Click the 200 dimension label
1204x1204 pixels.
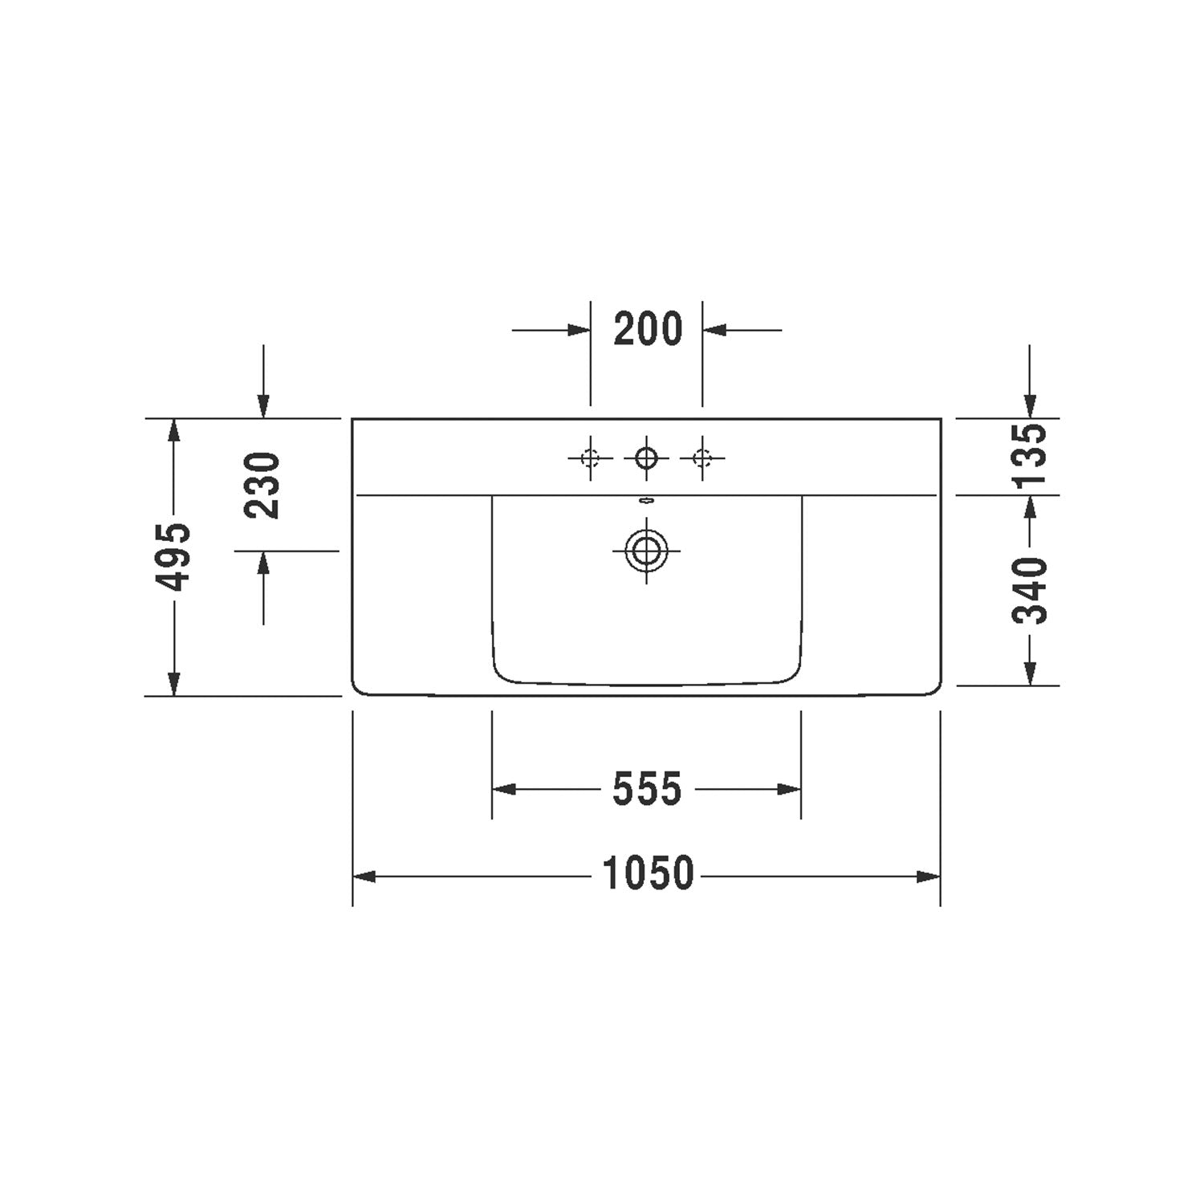tap(648, 329)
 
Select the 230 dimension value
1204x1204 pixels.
tap(263, 485)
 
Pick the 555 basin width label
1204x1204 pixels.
tap(647, 789)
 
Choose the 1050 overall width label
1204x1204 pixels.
tap(648, 875)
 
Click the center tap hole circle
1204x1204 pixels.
tap(646, 458)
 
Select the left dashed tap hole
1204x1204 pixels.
tap(591, 458)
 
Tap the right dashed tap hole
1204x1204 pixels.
tap(702, 458)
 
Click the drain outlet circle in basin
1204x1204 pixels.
tap(646, 551)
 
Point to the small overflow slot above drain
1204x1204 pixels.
tap(646, 502)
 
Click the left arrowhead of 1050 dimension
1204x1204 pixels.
tap(364, 877)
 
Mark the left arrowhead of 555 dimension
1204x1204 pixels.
tap(502, 790)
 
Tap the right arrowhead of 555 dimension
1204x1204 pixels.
tap(791, 790)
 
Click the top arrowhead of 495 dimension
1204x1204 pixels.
tap(173, 429)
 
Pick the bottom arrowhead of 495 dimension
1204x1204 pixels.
tap(173, 685)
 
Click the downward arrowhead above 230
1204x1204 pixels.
tap(263, 408)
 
